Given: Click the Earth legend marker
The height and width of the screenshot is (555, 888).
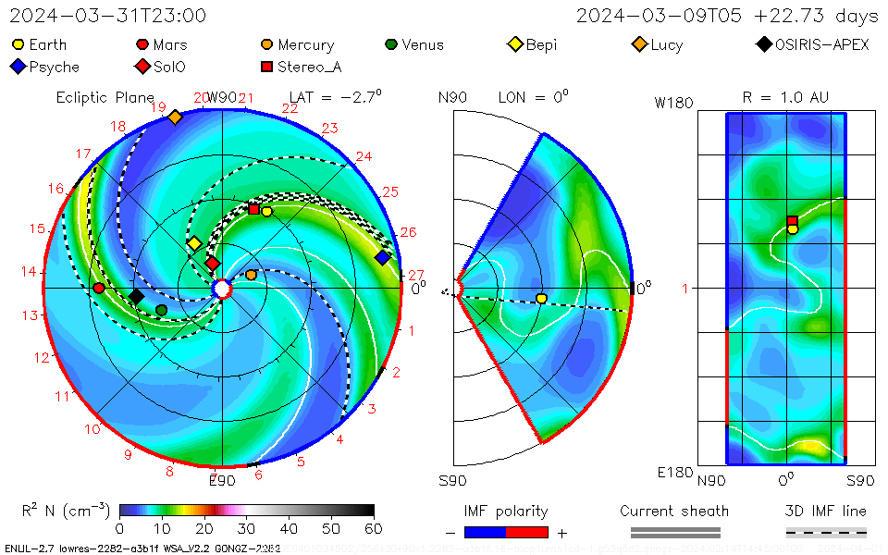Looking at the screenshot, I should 18,44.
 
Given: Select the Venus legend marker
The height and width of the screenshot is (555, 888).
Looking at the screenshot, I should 391,44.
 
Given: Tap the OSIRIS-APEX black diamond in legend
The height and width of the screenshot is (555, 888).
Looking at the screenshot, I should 763,44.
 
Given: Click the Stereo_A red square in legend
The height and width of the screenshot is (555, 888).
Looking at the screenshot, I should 266,67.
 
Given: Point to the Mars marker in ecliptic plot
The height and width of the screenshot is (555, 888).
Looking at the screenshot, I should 99,288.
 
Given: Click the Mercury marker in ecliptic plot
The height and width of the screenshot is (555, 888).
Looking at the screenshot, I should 251,275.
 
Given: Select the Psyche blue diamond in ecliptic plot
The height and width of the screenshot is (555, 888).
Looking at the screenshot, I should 382,257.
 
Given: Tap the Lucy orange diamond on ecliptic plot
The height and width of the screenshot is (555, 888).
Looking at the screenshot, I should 175,117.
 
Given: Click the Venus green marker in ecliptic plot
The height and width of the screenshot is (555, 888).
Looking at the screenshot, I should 162,310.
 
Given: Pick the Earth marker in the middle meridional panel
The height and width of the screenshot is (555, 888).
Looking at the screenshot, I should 541,298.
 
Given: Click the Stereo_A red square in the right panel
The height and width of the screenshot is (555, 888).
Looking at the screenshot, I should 793,221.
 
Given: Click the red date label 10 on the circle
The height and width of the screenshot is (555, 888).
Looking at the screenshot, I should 92,429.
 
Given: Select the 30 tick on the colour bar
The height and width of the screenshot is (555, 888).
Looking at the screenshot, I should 246,528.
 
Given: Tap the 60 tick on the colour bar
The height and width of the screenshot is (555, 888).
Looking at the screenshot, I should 374,528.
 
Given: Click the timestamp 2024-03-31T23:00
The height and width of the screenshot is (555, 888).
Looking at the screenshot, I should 108,16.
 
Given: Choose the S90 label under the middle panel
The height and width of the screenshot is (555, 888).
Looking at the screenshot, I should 452,481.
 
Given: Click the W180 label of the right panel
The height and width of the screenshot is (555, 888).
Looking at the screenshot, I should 673,104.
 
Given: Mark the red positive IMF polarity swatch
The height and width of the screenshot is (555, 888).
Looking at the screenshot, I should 527,532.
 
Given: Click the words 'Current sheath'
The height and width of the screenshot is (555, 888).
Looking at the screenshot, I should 674,511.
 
